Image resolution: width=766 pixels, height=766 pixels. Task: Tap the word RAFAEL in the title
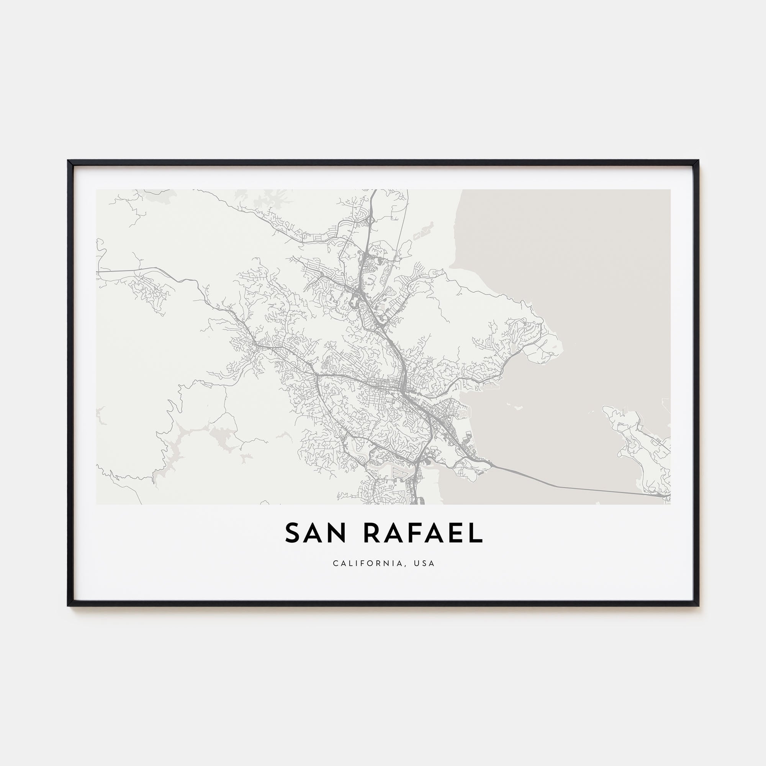click(x=423, y=533)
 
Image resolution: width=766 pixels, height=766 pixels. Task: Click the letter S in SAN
click(x=292, y=533)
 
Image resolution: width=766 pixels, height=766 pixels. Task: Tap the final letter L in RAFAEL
click(x=476, y=533)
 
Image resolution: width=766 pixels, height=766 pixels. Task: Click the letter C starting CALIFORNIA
click(x=336, y=563)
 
